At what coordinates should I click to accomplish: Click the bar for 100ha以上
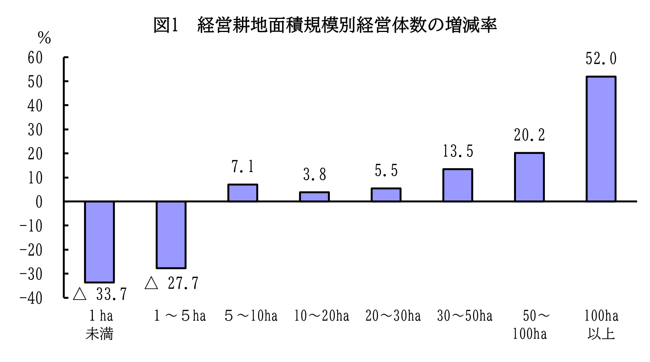coord(601,139)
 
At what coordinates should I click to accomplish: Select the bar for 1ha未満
coord(99,242)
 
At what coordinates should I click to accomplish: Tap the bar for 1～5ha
coord(171,234)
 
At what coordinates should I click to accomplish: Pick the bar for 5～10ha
coord(243,193)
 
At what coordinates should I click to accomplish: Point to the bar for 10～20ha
coord(314,197)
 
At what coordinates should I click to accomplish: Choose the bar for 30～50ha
coord(458,185)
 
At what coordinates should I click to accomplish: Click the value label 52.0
coord(601,59)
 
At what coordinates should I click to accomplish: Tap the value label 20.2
coord(529,135)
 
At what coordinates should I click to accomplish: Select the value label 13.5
coord(458,151)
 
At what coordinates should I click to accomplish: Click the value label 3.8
coord(314,175)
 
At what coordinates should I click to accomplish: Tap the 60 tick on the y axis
coord(35,58)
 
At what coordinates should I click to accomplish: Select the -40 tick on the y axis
coord(31,298)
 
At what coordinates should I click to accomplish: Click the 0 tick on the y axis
coord(39,202)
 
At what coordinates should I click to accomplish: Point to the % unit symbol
coord(44,38)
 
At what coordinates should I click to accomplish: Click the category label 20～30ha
coord(393,316)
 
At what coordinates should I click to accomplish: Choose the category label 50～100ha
coord(530,325)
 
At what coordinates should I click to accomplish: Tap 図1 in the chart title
coord(166,25)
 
